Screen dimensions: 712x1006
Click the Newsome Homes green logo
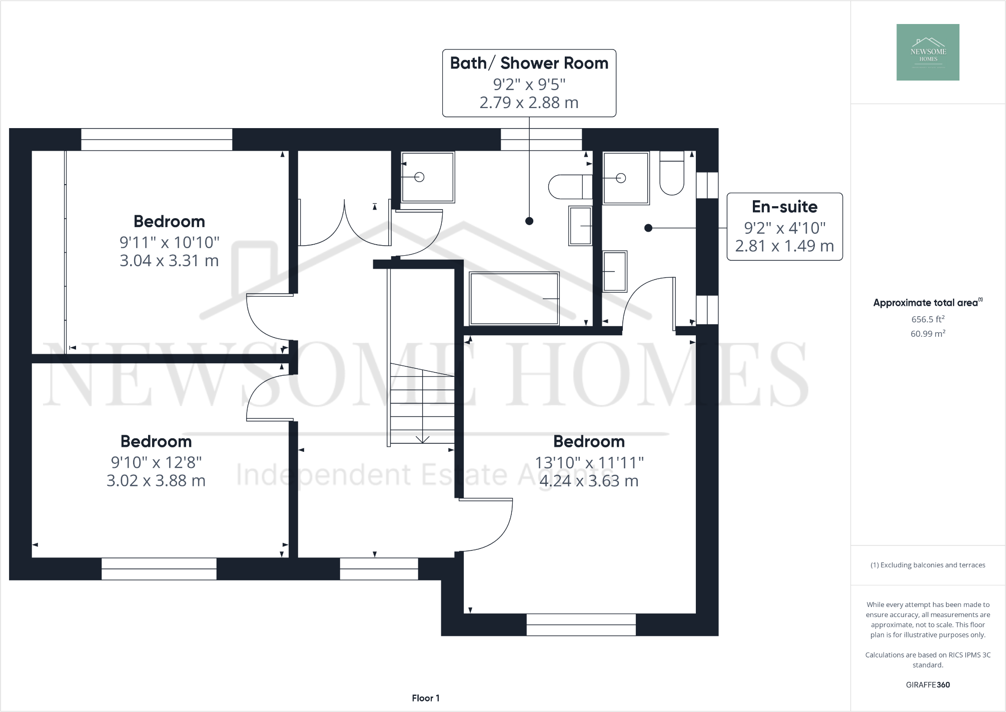pos(927,52)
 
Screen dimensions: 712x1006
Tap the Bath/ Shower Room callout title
pos(529,63)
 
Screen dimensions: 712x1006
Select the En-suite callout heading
pos(784,207)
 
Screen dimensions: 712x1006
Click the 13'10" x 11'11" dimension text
pos(589,462)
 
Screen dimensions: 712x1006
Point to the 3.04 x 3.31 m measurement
pos(169,261)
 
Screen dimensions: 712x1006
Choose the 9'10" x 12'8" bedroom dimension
pos(156,462)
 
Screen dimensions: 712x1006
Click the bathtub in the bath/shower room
pos(514,298)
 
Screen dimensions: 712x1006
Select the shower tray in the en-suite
pos(625,178)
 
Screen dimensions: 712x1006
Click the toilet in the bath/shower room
pos(569,187)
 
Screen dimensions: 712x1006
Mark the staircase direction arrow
pos(422,438)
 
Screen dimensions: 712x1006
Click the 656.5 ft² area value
pos(927,319)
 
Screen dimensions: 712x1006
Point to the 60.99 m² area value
pos(927,334)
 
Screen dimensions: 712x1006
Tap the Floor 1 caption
pos(425,698)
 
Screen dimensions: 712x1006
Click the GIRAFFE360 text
pos(927,684)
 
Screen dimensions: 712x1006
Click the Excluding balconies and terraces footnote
pos(927,565)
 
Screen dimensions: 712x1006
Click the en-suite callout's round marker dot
pos(648,228)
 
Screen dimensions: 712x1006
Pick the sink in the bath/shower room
pos(580,226)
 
